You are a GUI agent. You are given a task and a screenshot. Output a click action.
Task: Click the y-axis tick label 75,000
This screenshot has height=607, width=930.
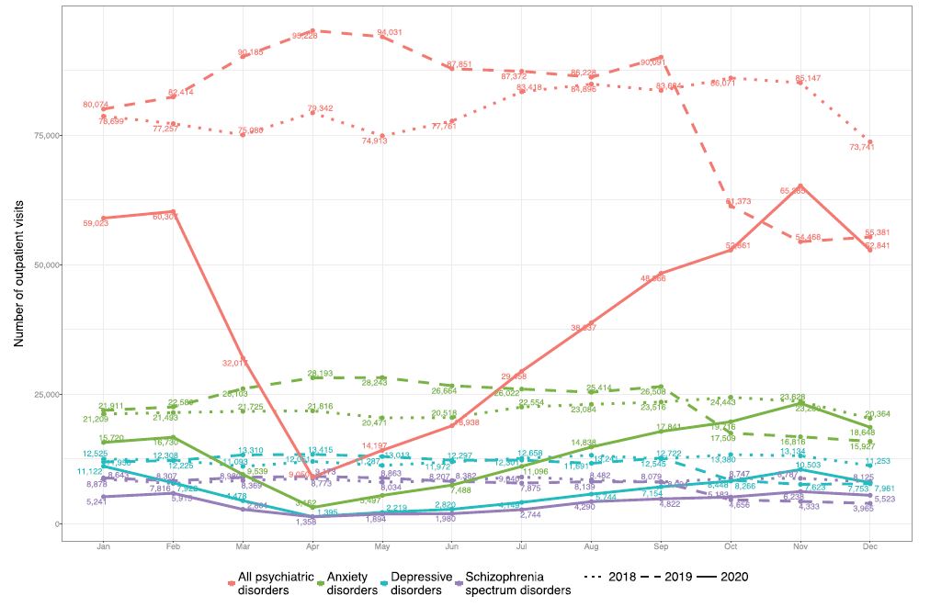pos(46,135)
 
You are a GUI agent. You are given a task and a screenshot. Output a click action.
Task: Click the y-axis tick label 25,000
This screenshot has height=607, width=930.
pos(46,394)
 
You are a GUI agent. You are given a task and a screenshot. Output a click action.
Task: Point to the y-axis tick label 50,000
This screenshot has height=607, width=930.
pos(46,264)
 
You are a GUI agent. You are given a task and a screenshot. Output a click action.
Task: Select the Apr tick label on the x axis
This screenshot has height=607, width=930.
pos(313,548)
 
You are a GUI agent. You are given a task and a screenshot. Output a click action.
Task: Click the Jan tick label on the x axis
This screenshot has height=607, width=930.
pos(104,548)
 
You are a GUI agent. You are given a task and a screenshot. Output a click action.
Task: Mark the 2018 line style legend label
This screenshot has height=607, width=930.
pos(626,578)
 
